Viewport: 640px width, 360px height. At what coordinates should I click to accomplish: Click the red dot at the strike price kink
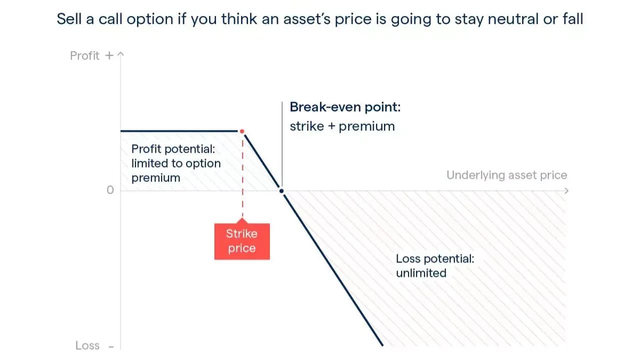point(242,131)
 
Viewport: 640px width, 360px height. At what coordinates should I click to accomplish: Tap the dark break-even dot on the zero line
point(281,191)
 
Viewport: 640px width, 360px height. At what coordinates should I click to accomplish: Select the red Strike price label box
point(242,241)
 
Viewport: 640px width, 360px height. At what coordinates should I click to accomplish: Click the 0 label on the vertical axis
point(110,190)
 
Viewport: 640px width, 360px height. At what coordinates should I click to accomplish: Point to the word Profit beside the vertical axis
point(85,55)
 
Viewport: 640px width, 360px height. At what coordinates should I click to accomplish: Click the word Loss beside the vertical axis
point(87,345)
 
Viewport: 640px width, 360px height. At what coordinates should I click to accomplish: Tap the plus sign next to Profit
point(109,55)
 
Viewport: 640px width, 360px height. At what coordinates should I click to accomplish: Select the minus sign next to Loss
point(111,347)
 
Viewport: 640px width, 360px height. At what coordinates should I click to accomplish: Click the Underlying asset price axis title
point(507,175)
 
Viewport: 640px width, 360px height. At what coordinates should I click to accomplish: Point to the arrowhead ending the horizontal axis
point(566,191)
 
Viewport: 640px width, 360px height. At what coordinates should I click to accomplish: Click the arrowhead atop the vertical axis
point(120,53)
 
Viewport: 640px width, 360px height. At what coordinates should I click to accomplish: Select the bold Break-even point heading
point(345,107)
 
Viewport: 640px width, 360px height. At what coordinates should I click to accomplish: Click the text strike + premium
point(342,126)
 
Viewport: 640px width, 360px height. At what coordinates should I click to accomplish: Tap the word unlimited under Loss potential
point(421,273)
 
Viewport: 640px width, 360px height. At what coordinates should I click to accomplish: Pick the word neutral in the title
point(513,19)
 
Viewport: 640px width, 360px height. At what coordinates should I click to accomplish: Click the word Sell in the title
point(69,19)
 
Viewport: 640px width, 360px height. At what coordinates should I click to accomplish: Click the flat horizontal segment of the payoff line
point(179,131)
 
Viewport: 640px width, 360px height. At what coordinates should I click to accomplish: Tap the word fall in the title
point(573,19)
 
